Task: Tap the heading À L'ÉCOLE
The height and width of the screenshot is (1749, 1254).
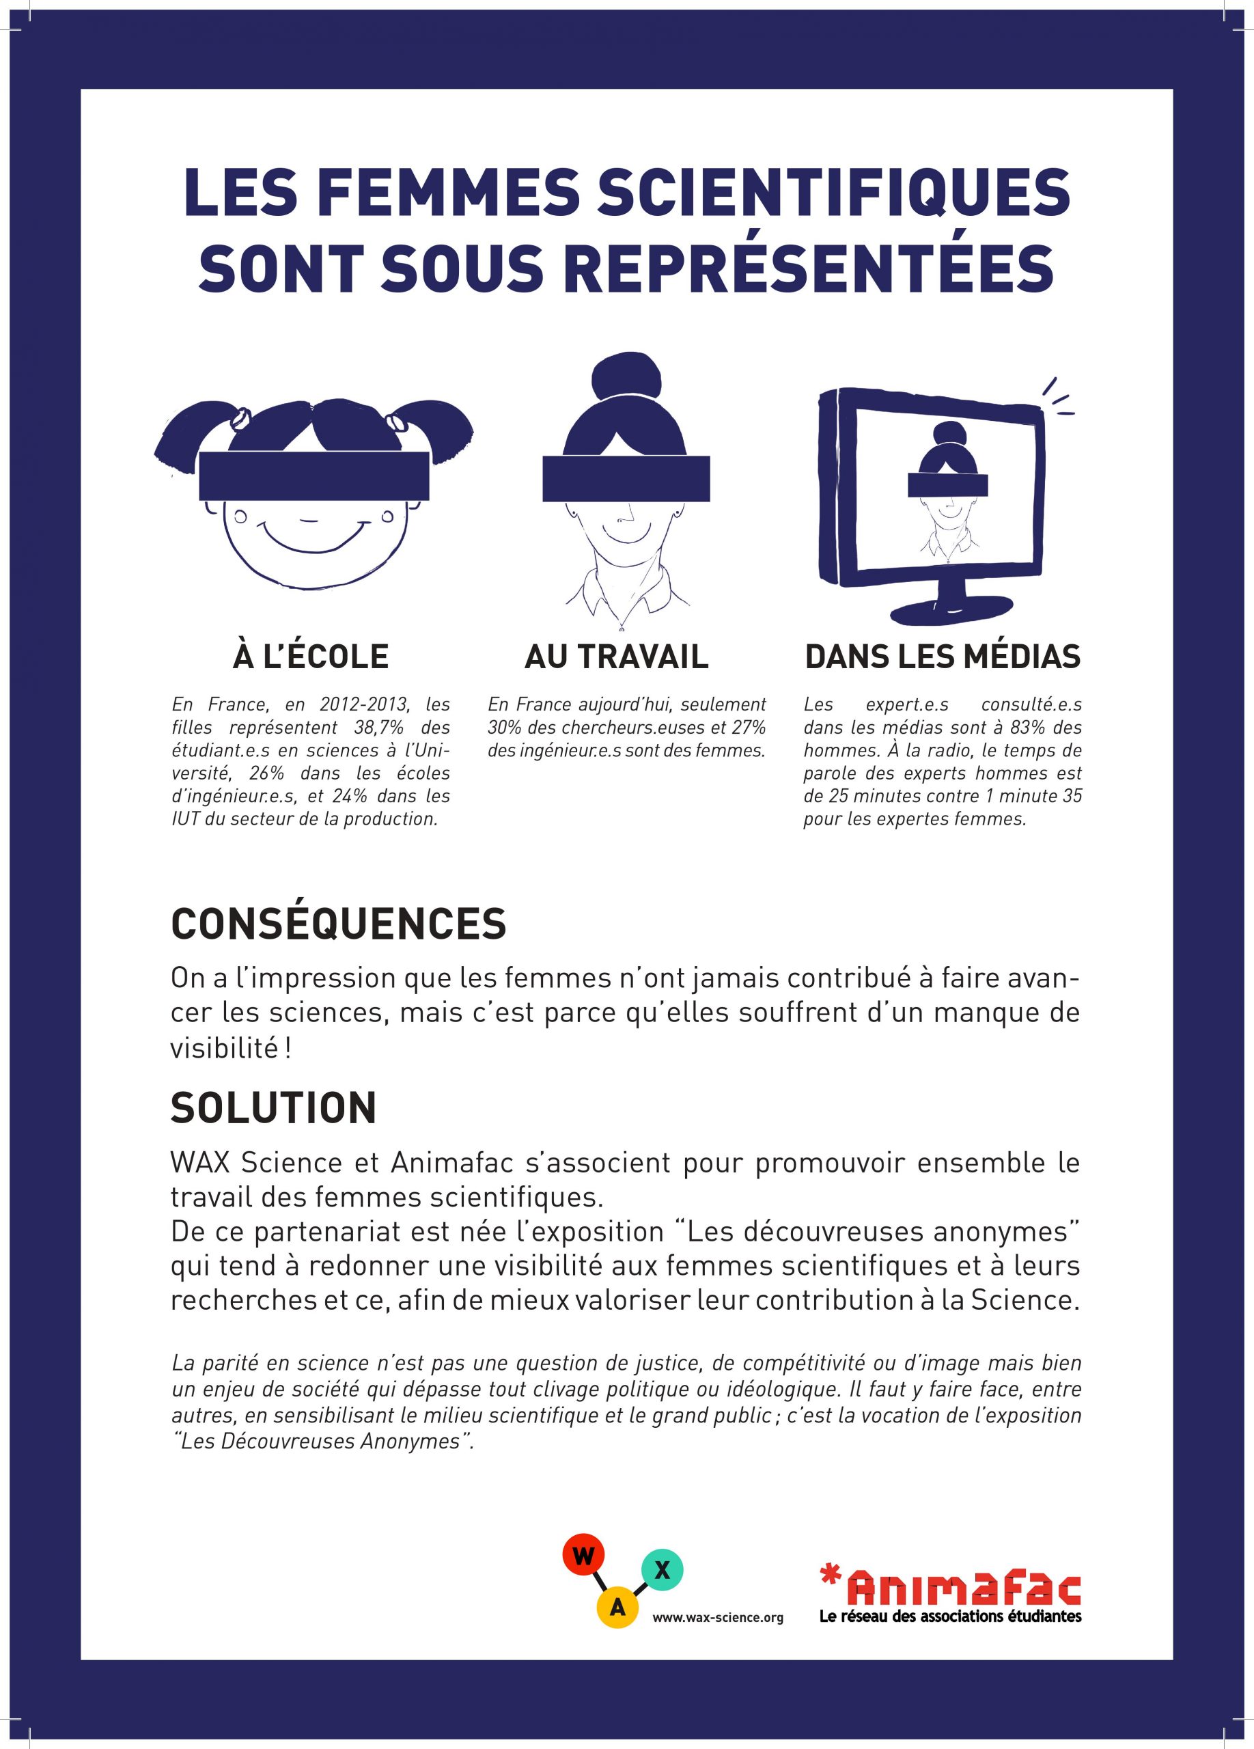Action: (x=311, y=657)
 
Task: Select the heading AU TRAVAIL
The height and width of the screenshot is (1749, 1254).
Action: (x=616, y=657)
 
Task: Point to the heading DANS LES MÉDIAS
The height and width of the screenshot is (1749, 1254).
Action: (x=942, y=657)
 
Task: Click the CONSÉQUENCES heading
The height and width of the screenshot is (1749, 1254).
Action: (x=338, y=923)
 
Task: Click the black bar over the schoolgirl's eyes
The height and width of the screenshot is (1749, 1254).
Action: (x=313, y=476)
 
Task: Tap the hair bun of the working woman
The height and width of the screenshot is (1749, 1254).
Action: (x=626, y=376)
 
